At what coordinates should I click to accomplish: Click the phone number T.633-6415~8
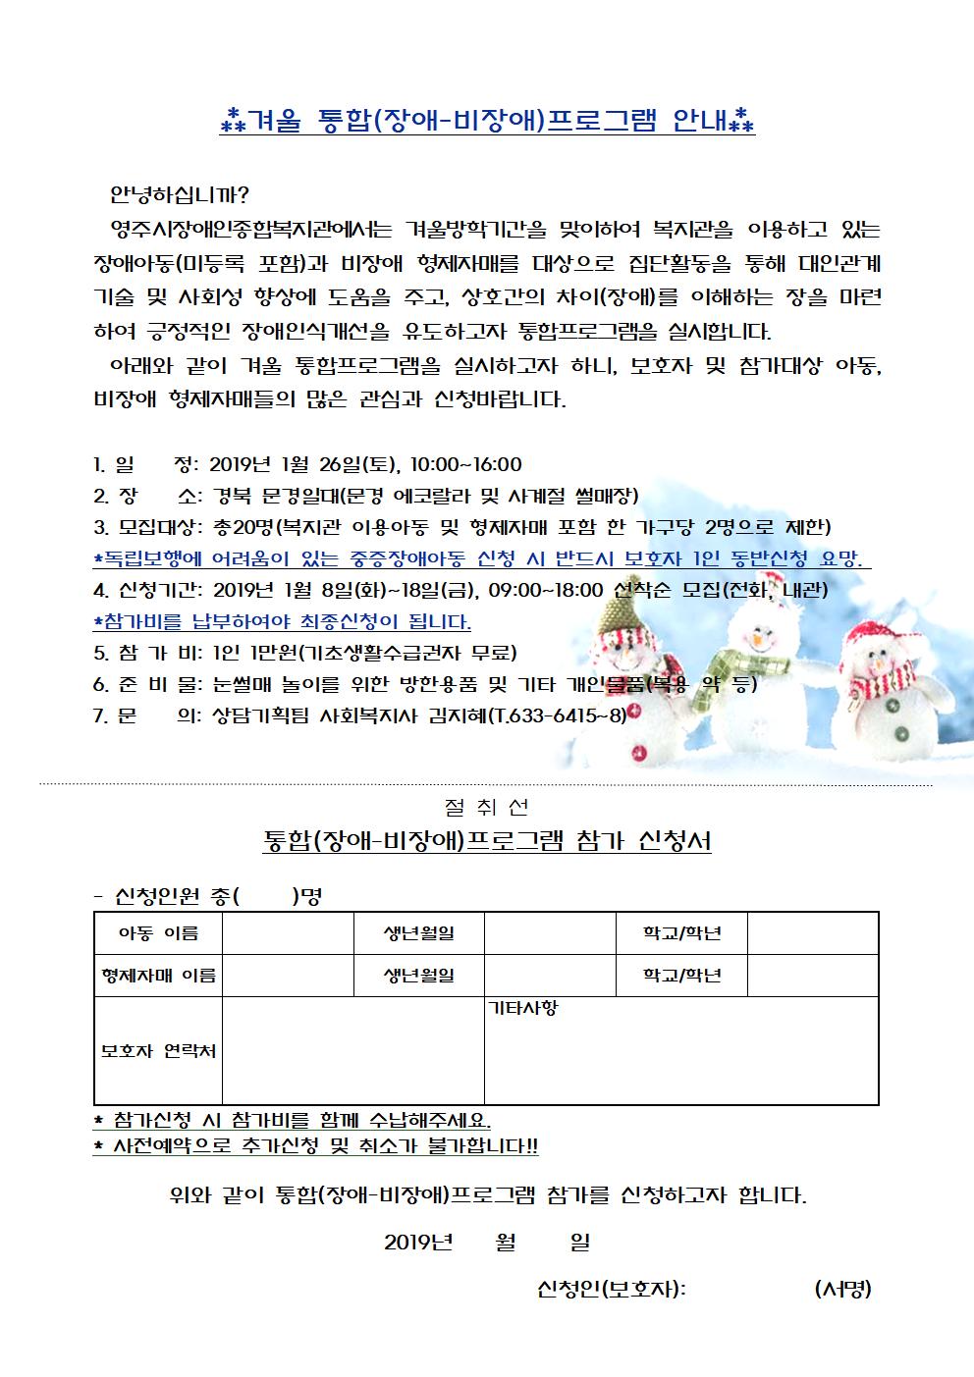click(557, 715)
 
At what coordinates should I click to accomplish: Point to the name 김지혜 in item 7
click(454, 715)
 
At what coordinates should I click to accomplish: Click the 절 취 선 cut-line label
click(486, 807)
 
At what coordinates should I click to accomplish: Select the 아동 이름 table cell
click(158, 933)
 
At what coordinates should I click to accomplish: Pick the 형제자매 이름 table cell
click(158, 976)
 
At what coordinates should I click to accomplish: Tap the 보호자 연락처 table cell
click(158, 1051)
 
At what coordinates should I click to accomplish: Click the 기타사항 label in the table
click(523, 1008)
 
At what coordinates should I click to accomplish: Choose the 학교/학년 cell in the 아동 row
click(681, 933)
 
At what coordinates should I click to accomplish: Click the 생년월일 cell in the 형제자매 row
click(419, 976)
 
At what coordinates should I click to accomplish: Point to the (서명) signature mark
click(842, 1290)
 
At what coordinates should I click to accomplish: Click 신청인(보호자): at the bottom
click(612, 1290)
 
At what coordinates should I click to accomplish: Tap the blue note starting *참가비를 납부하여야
click(282, 622)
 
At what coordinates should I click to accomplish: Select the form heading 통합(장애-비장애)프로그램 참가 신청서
click(487, 841)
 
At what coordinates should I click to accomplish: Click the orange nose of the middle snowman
click(757, 639)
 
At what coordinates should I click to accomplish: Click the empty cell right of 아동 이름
click(288, 933)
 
